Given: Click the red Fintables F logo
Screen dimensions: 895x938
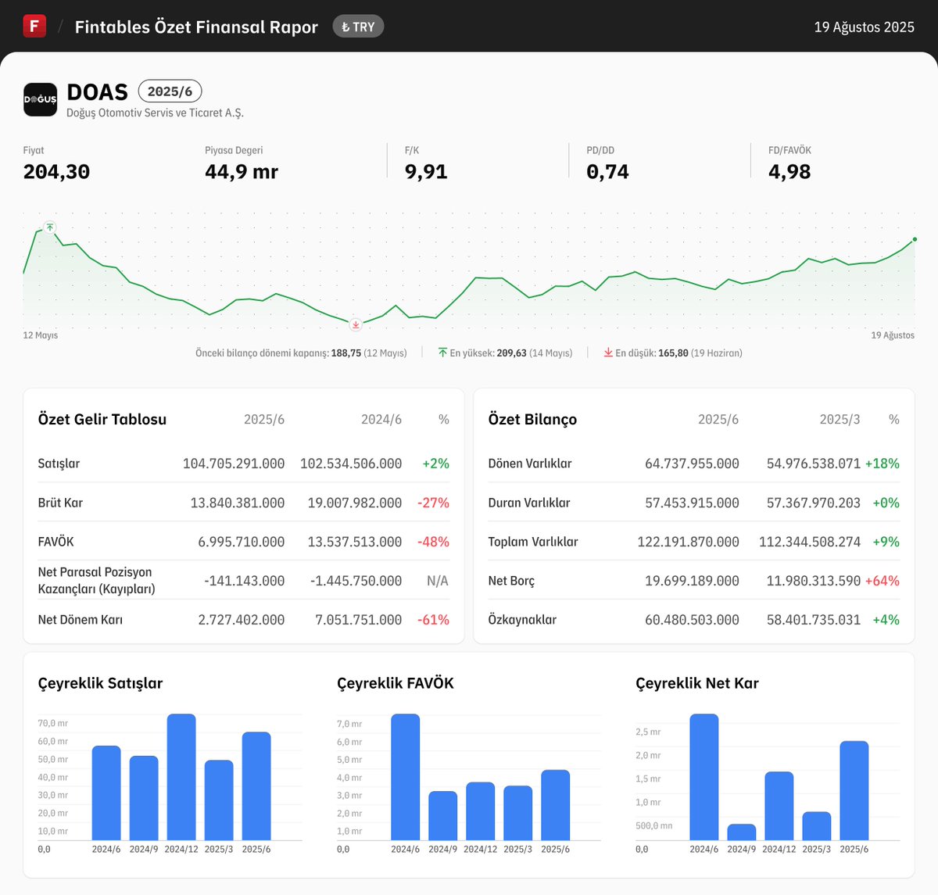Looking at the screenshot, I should coord(34,26).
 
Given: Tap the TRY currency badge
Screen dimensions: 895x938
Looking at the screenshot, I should coord(358,27).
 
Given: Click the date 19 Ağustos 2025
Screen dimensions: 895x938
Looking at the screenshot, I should coord(864,27).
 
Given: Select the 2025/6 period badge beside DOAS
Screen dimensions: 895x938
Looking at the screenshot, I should coord(170,91).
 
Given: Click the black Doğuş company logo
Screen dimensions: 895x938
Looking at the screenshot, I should coord(40,99).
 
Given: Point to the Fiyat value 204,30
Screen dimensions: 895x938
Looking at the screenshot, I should coord(56,172).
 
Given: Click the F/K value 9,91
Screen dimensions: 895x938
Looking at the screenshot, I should coord(426,172).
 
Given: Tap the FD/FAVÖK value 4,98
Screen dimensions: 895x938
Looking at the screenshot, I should coord(789,172).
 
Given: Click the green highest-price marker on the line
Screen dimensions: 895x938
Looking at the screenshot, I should coord(50,227).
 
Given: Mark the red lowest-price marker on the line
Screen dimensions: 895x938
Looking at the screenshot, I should coord(356,324).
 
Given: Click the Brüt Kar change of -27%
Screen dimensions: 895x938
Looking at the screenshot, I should coord(433,503).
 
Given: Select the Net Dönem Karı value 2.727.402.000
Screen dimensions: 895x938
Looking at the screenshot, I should coord(241,620).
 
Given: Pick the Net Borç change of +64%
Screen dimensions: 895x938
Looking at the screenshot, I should coord(882,581).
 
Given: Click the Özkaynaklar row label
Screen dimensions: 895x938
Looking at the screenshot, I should coord(522,620).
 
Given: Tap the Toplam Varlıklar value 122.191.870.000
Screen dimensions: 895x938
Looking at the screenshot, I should coord(688,542).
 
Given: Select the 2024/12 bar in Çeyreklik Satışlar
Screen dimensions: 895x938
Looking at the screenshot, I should coord(181,777).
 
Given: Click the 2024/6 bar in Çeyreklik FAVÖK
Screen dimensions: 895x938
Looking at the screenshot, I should coord(405,777).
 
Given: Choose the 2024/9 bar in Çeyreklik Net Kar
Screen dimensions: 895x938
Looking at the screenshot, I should coord(741,832).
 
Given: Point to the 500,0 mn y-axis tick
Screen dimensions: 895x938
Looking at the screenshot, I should coord(653,825).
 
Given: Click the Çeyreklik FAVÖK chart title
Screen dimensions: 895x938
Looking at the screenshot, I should coord(395,683).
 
